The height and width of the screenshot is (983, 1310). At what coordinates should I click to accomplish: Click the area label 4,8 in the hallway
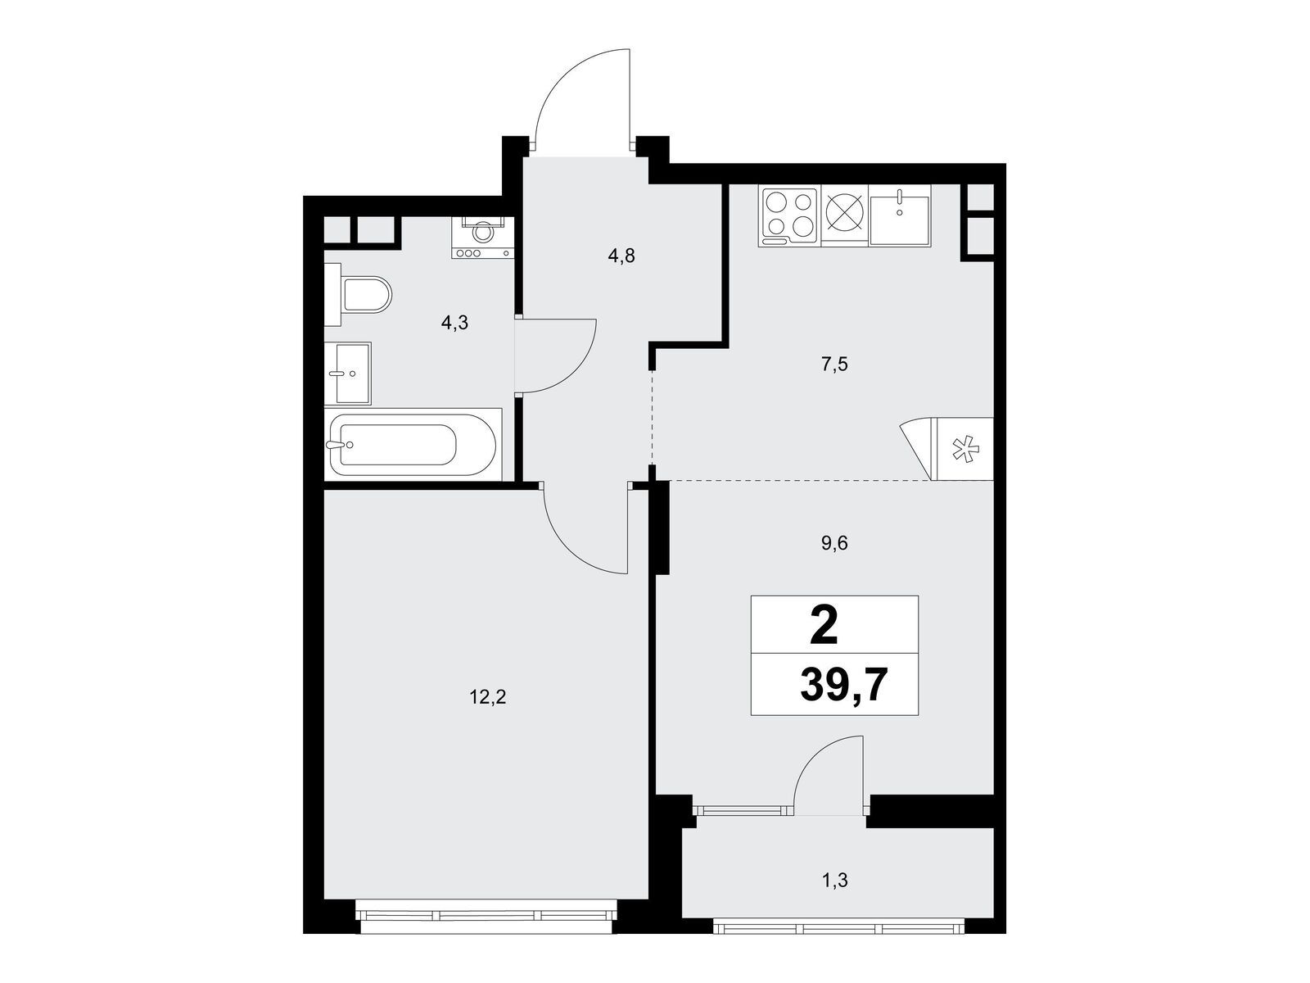[x=621, y=256]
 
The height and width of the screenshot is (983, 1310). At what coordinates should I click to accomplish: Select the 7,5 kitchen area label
[x=834, y=365]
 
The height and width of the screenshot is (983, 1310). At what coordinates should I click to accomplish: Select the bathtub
[x=412, y=445]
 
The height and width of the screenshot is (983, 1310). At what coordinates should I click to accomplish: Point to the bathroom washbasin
[x=349, y=374]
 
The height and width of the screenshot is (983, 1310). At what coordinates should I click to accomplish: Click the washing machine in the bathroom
[x=483, y=238]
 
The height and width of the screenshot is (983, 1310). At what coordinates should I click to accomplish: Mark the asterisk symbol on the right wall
[x=964, y=449]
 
